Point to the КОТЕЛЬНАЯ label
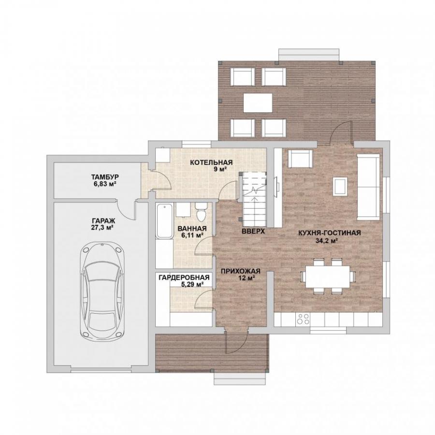[211, 162]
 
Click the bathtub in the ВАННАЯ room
[165, 220]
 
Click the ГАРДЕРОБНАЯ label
[184, 278]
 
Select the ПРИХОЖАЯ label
[241, 271]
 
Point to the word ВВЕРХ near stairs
[253, 232]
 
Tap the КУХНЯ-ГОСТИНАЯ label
[330, 233]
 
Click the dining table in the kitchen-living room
[328, 276]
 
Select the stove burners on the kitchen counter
[303, 319]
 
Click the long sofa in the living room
[368, 187]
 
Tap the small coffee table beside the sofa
[340, 187]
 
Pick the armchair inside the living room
[301, 159]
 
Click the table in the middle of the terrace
[258, 103]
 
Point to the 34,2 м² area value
[327, 241]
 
